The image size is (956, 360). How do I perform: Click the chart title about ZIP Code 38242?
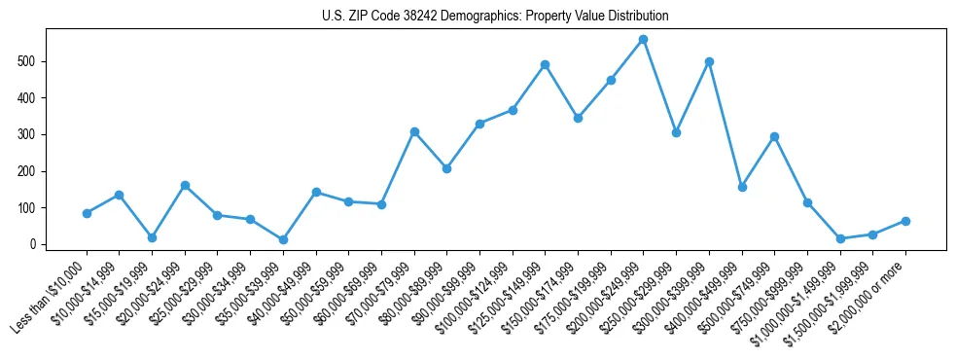click(x=495, y=17)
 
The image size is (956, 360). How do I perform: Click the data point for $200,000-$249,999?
click(x=643, y=40)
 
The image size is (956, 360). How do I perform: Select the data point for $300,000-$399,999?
click(x=709, y=61)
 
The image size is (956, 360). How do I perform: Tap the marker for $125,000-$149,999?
click(x=545, y=65)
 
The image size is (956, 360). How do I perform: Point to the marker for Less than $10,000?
click(x=87, y=213)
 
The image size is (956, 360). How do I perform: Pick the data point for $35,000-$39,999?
click(x=283, y=239)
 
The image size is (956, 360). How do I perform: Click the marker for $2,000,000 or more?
click(x=905, y=221)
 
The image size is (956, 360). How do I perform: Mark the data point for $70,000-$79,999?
click(x=414, y=131)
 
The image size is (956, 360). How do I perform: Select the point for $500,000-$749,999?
click(x=774, y=137)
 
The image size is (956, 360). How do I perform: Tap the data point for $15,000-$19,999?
click(x=152, y=237)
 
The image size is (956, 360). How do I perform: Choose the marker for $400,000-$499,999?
click(x=742, y=187)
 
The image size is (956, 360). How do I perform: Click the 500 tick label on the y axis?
click(x=35, y=61)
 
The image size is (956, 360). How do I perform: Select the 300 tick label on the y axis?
click(x=35, y=134)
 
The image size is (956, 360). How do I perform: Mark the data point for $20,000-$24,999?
click(x=185, y=185)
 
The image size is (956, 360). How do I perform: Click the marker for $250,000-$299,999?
click(x=676, y=132)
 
